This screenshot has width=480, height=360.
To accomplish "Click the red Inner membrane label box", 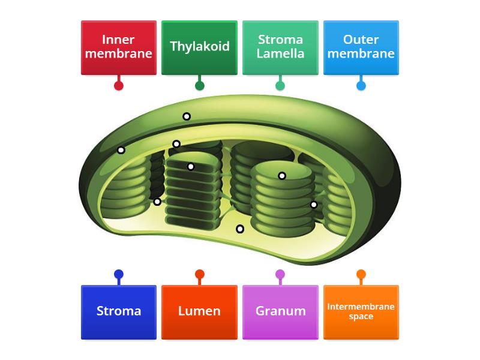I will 119,47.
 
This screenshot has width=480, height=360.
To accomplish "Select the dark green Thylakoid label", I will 199,47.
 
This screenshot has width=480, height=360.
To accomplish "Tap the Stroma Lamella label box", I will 280,47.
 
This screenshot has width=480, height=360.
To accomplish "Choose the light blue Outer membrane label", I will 361,47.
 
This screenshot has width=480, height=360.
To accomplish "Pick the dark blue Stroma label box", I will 119,311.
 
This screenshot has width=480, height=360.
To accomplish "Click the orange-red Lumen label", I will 199,311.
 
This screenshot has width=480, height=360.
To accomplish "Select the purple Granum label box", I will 280,311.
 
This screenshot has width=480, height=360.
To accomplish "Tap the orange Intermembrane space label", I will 361,311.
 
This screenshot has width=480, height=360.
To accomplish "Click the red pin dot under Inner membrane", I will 119,85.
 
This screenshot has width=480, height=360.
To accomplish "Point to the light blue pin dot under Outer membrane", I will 361,85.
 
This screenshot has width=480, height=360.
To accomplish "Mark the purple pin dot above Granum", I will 280,275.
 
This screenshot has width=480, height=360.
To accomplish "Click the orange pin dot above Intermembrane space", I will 361,275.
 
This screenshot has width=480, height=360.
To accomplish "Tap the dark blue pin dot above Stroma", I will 119,275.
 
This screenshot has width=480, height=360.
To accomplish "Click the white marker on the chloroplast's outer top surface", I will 187,116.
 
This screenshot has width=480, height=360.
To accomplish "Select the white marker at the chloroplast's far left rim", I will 121,150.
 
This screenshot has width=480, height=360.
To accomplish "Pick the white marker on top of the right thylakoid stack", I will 282,176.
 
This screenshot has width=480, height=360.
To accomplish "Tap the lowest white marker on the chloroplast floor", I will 240,229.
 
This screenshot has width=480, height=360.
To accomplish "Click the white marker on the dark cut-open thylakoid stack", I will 191,167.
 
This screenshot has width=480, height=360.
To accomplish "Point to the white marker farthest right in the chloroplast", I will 314,205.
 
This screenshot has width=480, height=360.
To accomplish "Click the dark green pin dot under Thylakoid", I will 200,85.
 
